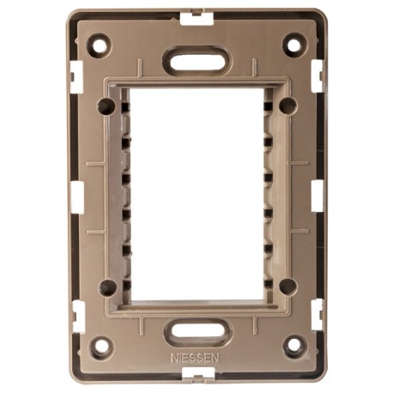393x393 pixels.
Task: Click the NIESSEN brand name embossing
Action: [x=195, y=358]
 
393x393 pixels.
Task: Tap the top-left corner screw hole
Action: [x=100, y=45]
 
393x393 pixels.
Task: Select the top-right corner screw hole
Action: [x=295, y=44]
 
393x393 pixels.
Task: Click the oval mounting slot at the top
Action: [x=196, y=60]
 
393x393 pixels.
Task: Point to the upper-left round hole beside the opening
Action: [x=106, y=106]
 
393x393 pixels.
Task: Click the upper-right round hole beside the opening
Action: [x=288, y=106]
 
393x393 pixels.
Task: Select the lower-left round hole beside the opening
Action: [x=107, y=287]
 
